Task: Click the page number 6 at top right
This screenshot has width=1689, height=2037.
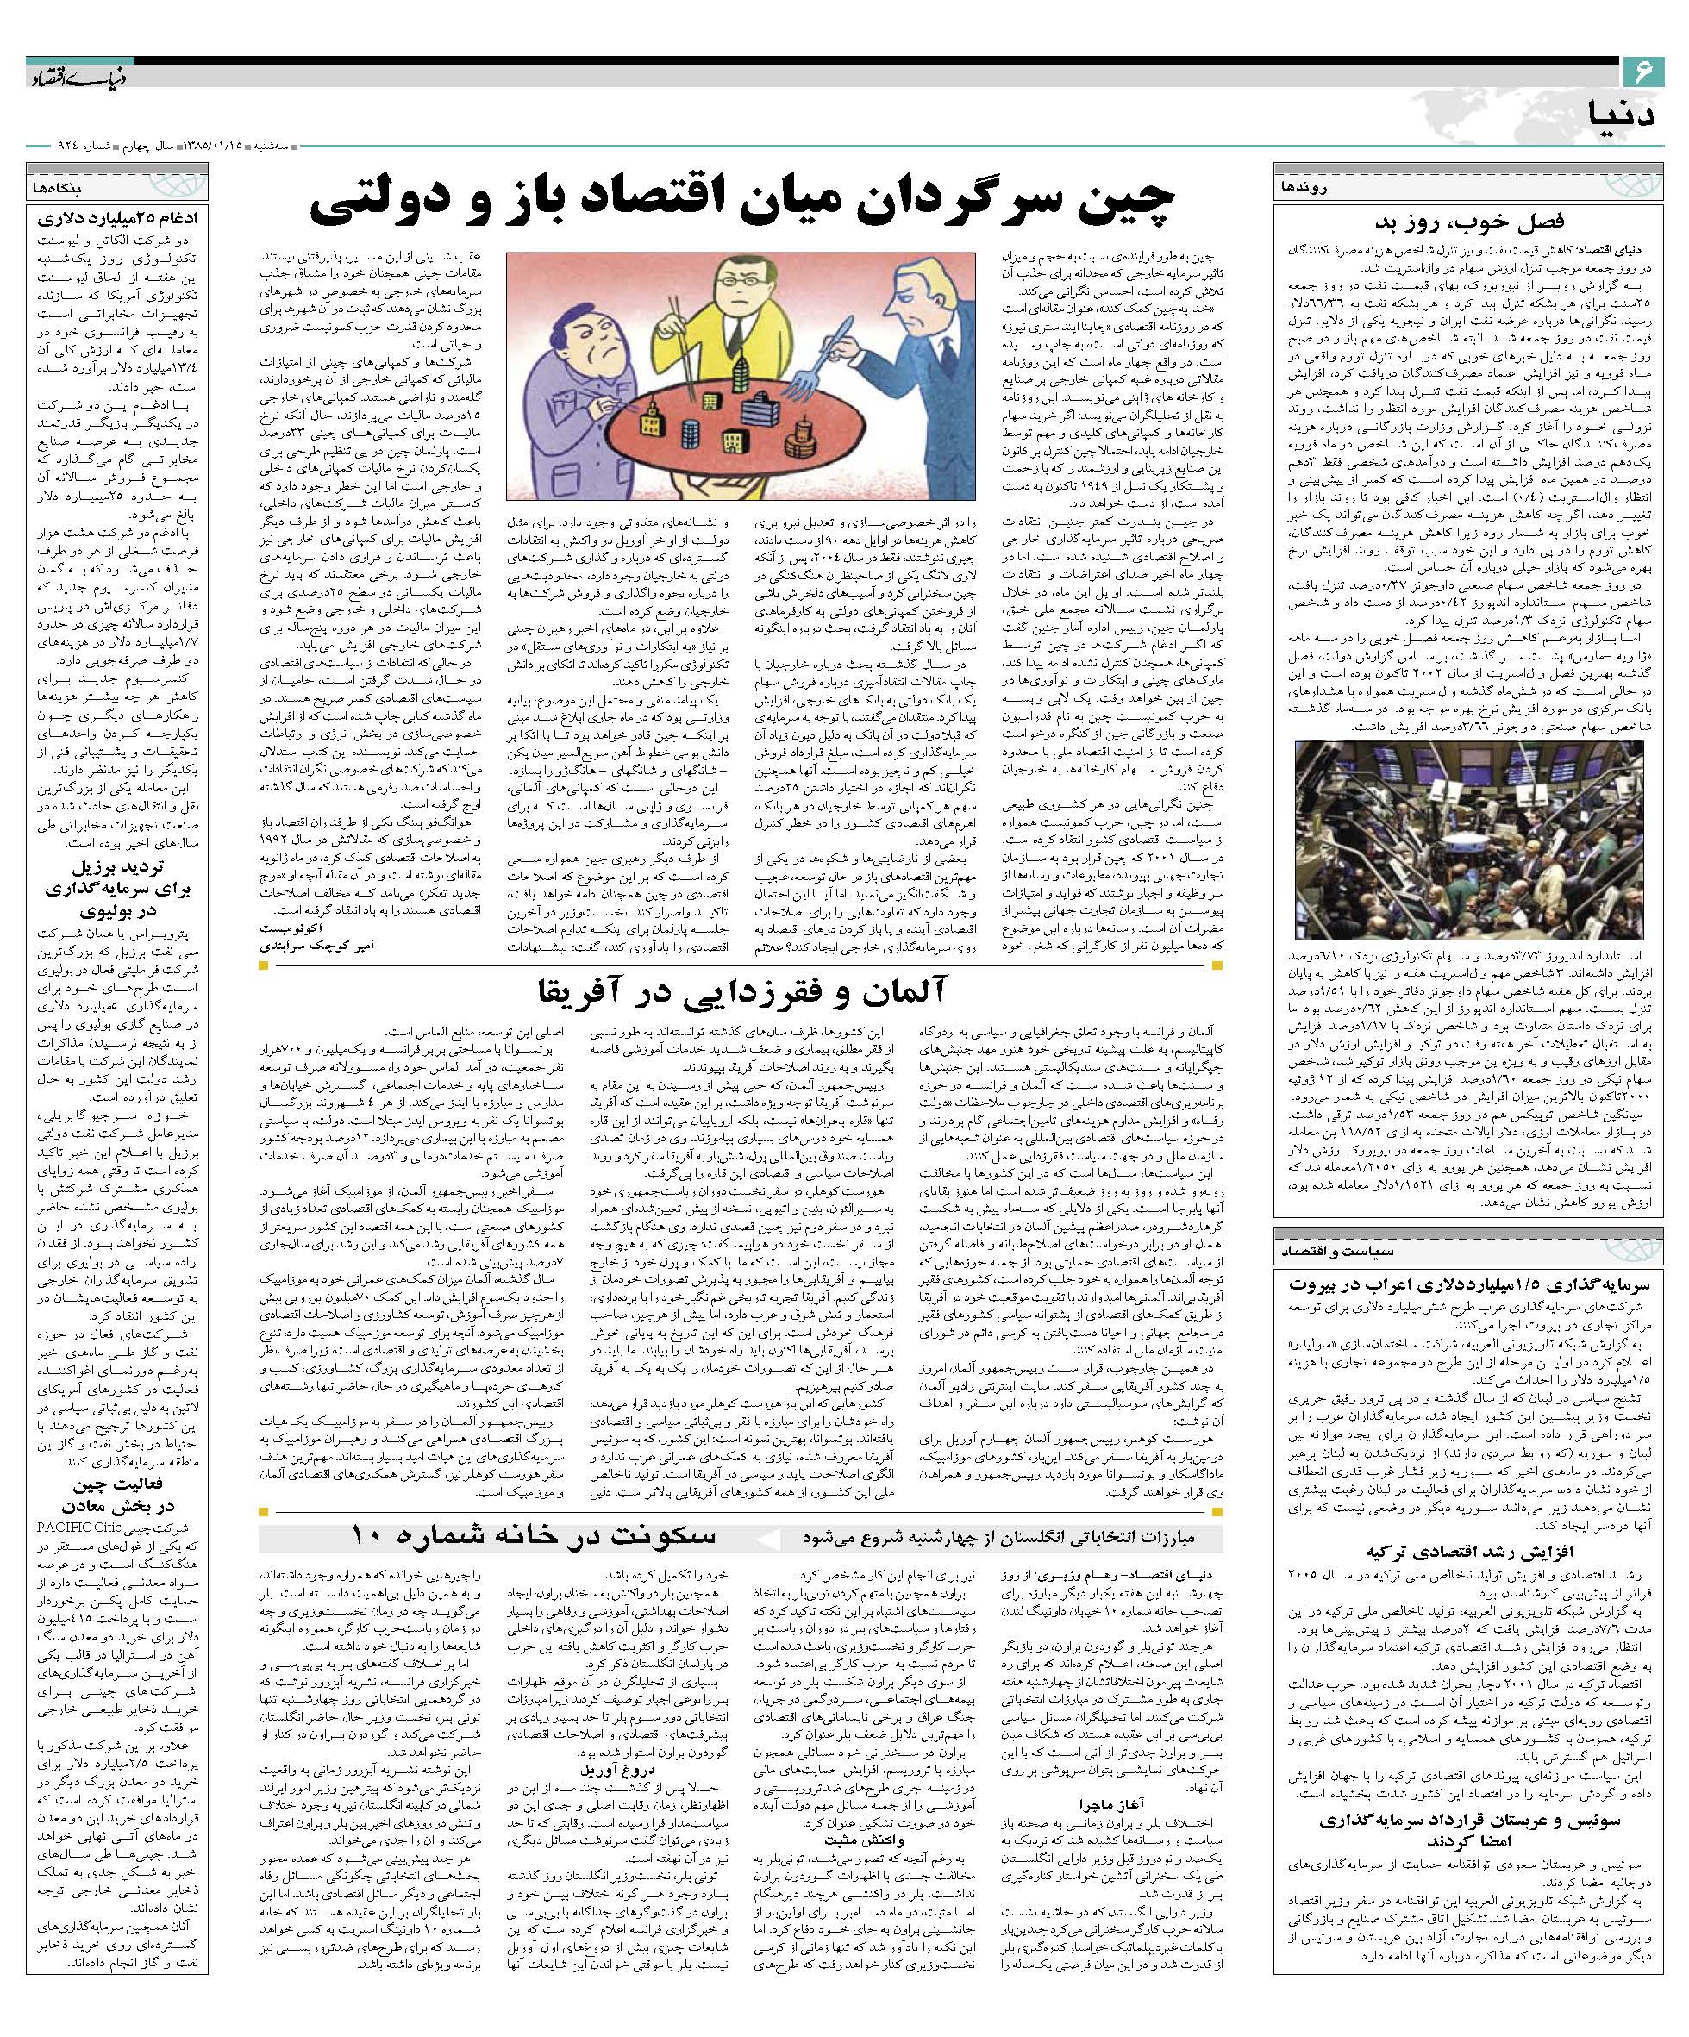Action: pyautogui.click(x=1643, y=71)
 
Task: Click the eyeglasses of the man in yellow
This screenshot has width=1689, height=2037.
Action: pyautogui.click(x=743, y=281)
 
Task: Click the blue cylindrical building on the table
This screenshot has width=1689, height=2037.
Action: pyautogui.click(x=691, y=434)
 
